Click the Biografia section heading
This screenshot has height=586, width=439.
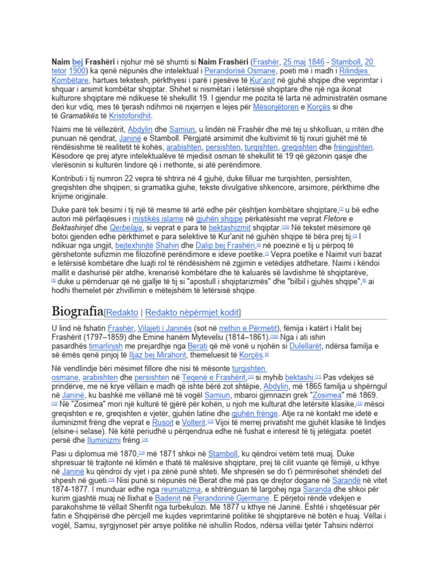(77, 311)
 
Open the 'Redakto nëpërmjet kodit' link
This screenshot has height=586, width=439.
(193, 312)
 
